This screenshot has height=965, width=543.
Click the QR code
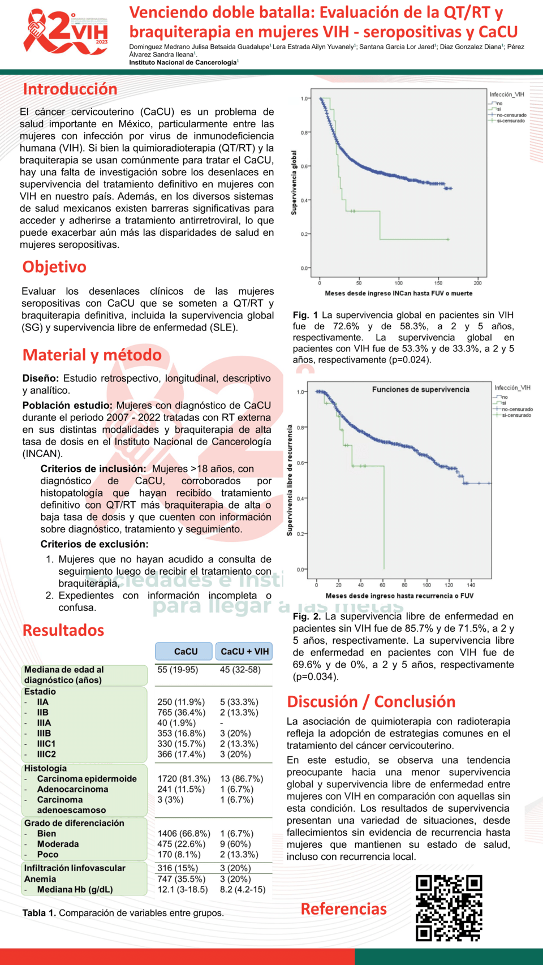[449, 908]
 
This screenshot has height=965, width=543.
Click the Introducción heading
[70, 89]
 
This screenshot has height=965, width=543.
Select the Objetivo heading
[54, 267]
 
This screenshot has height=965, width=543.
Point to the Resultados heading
[63, 630]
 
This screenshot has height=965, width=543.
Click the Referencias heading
[343, 909]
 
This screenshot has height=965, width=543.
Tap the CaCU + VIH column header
[244, 652]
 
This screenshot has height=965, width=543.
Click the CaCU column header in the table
[186, 652]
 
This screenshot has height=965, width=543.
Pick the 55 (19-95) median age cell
[178, 670]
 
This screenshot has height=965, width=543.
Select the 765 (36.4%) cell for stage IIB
[181, 713]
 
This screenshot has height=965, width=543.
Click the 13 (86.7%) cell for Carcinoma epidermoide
[242, 779]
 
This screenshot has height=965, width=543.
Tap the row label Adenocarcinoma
[72, 790]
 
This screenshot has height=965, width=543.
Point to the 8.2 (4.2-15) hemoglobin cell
[243, 890]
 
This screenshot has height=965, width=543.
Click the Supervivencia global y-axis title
[294, 183]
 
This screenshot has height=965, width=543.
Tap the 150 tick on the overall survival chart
[438, 283]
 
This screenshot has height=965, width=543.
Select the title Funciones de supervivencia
[420, 390]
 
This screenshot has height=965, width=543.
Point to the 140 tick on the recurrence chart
[471, 585]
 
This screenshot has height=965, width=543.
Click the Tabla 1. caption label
[40, 913]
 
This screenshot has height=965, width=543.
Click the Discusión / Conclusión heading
[371, 702]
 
